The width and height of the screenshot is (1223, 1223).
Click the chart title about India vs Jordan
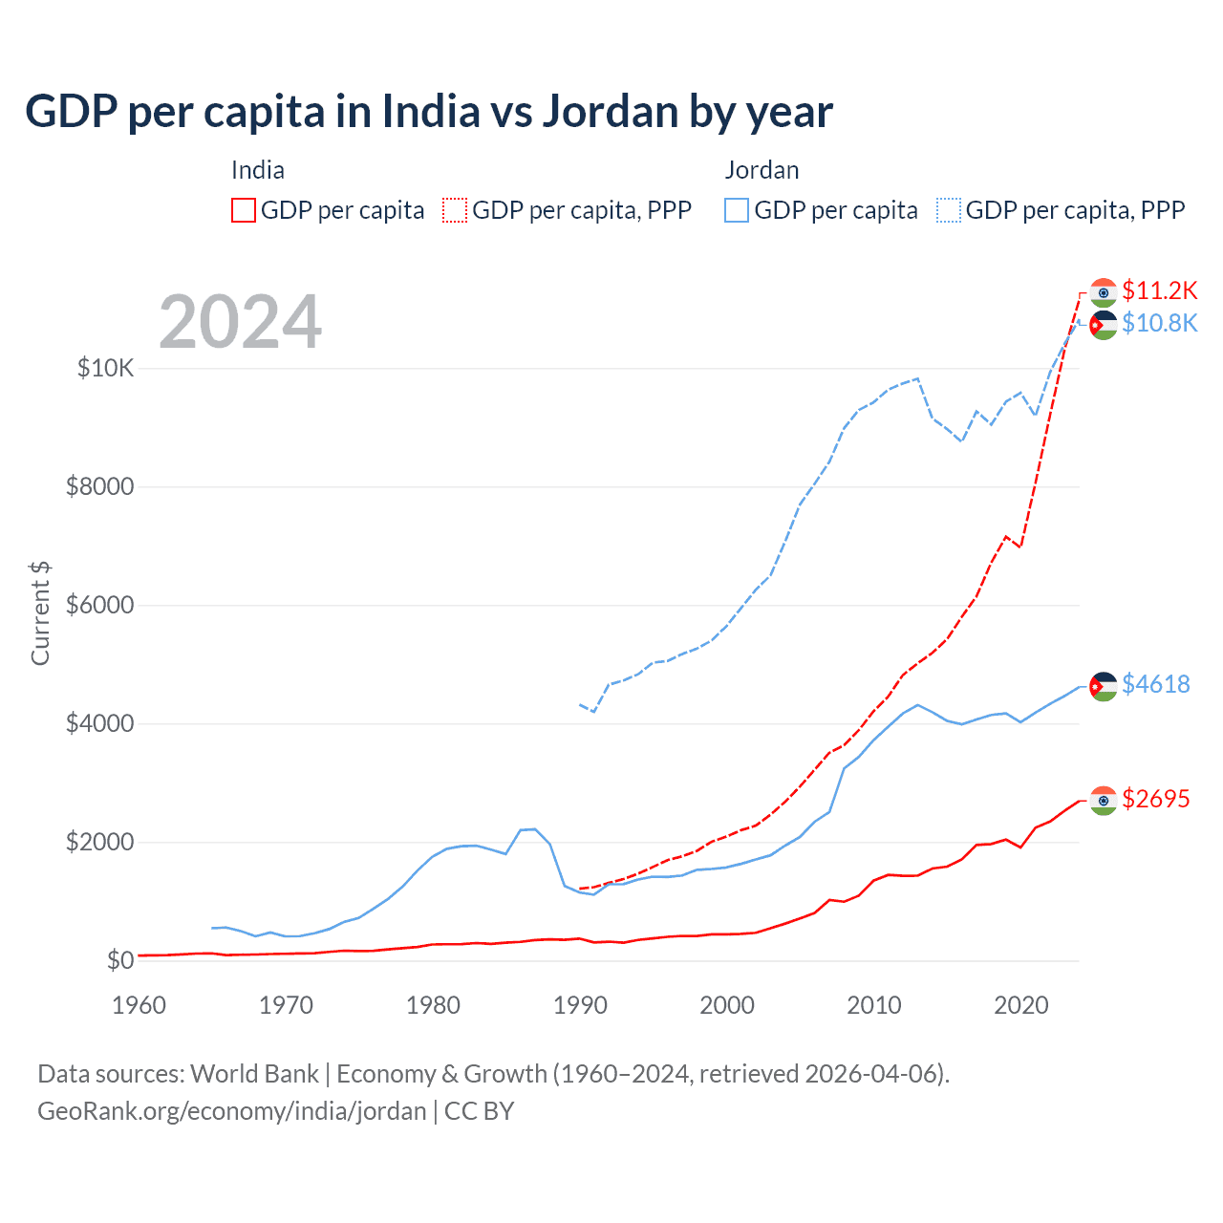[429, 112]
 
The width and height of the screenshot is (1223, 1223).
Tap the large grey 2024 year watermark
[240, 322]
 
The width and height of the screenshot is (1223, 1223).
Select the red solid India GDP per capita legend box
[244, 210]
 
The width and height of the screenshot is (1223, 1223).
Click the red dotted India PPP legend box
[456, 210]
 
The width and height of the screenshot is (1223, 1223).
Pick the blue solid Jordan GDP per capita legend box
[737, 210]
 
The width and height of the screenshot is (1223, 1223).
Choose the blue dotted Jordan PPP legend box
[949, 210]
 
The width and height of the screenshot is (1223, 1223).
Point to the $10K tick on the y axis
[106, 368]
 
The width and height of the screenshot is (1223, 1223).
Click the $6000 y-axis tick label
[100, 606]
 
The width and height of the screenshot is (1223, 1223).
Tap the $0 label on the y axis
[119, 960]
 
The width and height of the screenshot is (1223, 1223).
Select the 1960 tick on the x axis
[139, 1005]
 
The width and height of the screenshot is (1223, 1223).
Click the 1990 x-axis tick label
[581, 1005]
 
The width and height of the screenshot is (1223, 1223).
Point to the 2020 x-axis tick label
[1021, 1005]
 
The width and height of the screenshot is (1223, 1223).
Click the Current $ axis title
[40, 613]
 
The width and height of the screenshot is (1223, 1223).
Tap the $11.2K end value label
[1159, 290]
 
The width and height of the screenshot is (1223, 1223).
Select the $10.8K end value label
[1159, 323]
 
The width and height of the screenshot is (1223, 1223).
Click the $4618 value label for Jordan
[1156, 684]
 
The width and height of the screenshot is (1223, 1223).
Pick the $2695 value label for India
[1156, 799]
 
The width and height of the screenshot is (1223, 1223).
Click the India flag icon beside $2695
[1104, 801]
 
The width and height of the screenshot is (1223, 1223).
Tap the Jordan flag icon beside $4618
[1104, 686]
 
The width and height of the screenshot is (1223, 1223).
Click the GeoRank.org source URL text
[232, 1111]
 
